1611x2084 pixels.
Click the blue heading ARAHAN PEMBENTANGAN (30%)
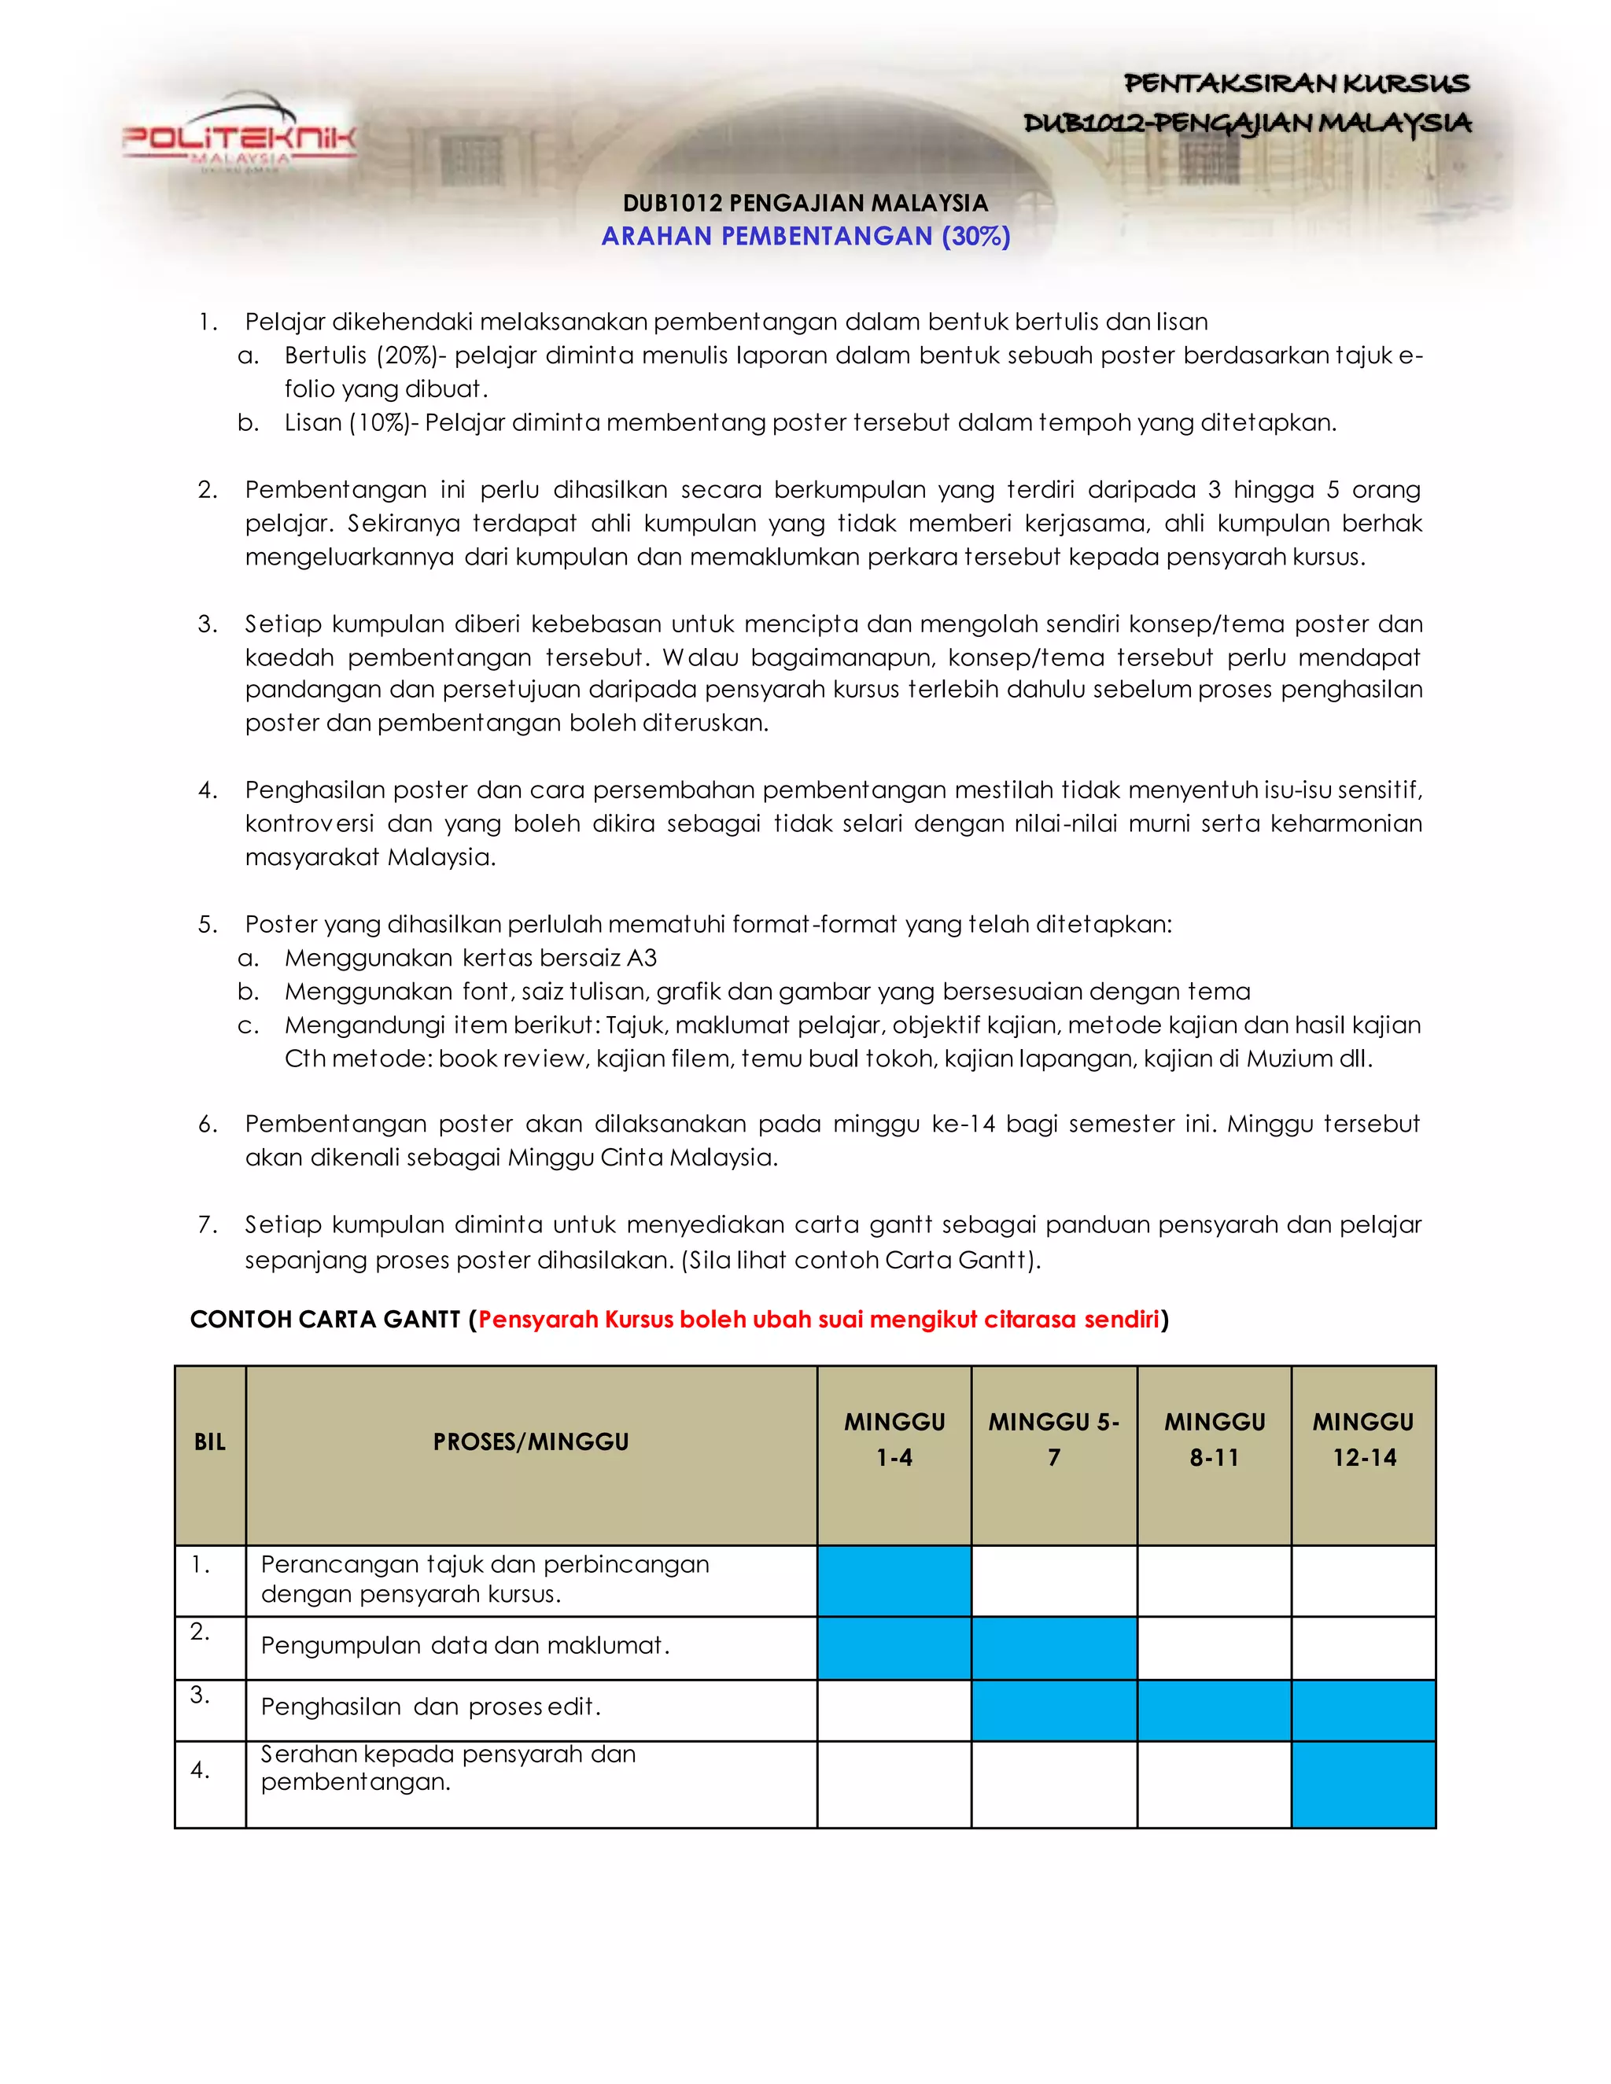(805, 236)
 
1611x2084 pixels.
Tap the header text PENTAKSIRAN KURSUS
(1296, 84)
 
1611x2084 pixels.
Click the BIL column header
(210, 1441)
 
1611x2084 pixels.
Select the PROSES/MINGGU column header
(531, 1441)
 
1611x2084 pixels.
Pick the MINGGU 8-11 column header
(1214, 1440)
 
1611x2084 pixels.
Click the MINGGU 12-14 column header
(1363, 1440)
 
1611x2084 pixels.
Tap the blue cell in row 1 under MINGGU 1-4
(894, 1580)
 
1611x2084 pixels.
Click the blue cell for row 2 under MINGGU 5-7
(1053, 1648)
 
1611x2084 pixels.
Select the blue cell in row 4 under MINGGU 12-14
(1363, 1784)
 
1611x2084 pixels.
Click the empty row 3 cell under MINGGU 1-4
(894, 1710)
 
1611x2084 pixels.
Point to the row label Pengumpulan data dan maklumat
(465, 1646)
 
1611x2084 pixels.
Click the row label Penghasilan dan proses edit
(430, 1707)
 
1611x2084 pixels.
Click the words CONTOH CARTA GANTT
(325, 1320)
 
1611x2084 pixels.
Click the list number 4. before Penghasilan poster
(207, 790)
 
